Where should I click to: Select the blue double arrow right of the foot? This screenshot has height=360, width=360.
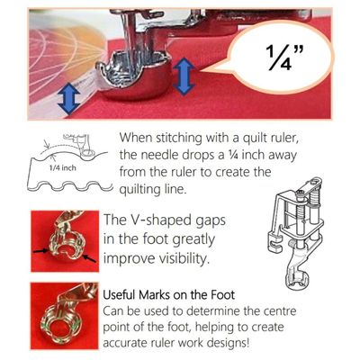184,77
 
